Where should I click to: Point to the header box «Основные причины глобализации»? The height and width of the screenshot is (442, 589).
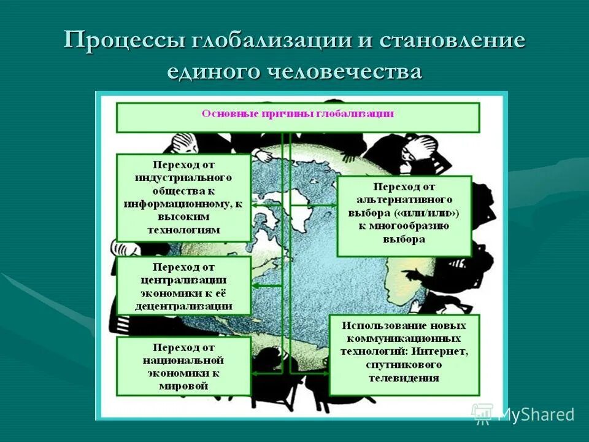pyautogui.click(x=298, y=115)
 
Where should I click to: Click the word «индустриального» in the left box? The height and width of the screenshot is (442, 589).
pyautogui.click(x=183, y=178)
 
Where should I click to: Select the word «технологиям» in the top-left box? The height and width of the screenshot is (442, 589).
pyautogui.click(x=183, y=230)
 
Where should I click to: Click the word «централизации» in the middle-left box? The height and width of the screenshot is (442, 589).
pyautogui.click(x=183, y=280)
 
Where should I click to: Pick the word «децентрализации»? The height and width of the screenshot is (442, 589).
pyautogui.click(x=183, y=306)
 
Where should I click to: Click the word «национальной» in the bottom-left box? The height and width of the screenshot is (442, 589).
pyautogui.click(x=183, y=360)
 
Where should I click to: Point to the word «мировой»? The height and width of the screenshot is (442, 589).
pyautogui.click(x=183, y=386)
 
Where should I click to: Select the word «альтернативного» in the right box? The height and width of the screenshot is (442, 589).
pyautogui.click(x=404, y=200)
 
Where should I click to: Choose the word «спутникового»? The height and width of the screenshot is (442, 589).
pyautogui.click(x=404, y=365)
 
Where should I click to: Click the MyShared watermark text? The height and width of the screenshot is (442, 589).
pyautogui.click(x=536, y=414)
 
